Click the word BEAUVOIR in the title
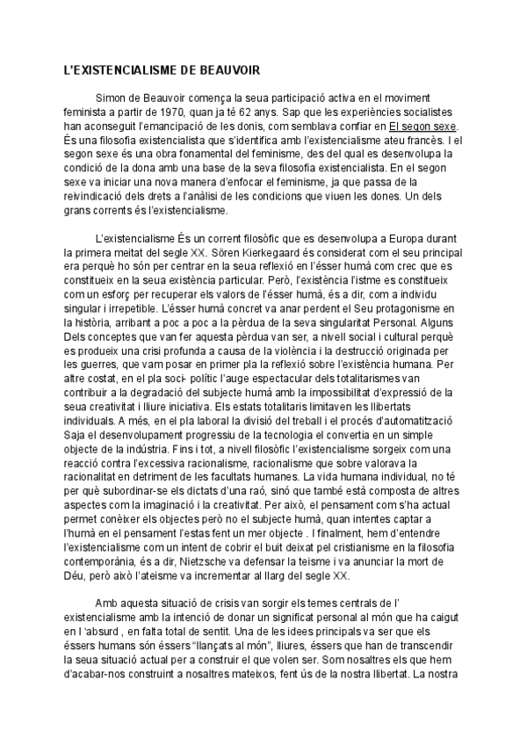223,69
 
